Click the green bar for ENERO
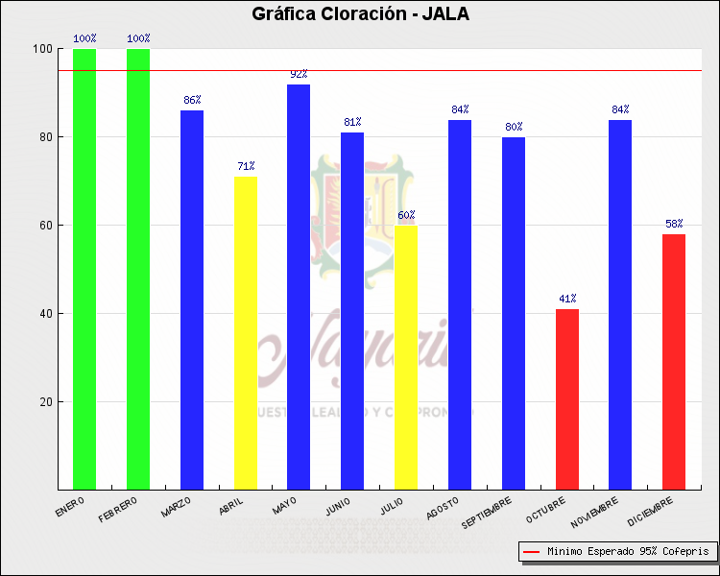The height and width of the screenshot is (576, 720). (84, 269)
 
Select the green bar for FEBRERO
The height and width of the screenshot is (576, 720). (138, 269)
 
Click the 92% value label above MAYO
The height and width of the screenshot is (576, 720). (299, 74)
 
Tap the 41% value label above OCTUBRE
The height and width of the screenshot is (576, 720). (567, 299)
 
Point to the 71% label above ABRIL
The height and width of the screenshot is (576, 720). (246, 166)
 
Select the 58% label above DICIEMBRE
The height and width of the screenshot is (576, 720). (674, 224)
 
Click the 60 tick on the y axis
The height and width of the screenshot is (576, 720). (44, 226)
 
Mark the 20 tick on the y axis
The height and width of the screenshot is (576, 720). (44, 402)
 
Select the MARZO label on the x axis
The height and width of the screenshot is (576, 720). (177, 506)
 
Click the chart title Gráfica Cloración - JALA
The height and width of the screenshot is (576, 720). (360, 13)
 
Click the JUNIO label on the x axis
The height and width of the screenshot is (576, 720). (338, 506)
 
